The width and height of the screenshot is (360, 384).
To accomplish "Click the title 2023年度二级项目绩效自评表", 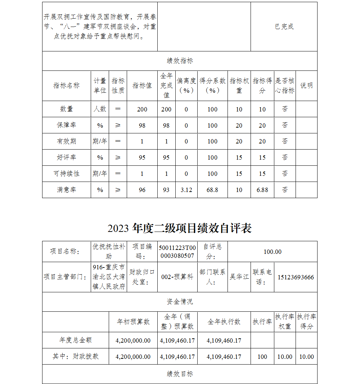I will click(180, 228).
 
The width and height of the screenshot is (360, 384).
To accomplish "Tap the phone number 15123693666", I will click(296, 277).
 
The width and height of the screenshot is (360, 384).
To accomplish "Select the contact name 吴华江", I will click(239, 277).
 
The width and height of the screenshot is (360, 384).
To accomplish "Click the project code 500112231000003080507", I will click(177, 251).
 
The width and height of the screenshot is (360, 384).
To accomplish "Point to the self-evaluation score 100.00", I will click(273, 252).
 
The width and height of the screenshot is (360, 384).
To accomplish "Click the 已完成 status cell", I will click(284, 27).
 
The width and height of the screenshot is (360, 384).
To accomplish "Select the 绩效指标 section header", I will click(180, 61).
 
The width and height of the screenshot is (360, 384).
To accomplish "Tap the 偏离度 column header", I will click(186, 86).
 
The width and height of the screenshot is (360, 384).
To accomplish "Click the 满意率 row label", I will click(67, 189).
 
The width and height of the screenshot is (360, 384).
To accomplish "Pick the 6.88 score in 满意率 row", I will click(262, 190).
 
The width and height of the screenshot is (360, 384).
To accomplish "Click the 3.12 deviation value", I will click(186, 190).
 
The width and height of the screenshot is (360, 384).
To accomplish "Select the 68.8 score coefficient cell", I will click(212, 190).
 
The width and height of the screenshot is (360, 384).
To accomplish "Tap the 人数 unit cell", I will click(100, 109).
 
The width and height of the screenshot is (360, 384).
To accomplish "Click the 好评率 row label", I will click(67, 157).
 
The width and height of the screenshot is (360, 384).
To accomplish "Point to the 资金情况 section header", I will click(180, 302).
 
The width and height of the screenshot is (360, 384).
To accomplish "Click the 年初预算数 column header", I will click(133, 322).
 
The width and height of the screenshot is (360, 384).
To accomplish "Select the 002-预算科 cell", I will click(177, 277).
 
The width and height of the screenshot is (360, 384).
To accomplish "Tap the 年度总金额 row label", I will click(76, 340).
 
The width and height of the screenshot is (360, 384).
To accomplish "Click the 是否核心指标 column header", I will click(285, 86).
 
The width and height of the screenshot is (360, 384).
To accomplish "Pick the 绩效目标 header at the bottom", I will click(180, 374).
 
